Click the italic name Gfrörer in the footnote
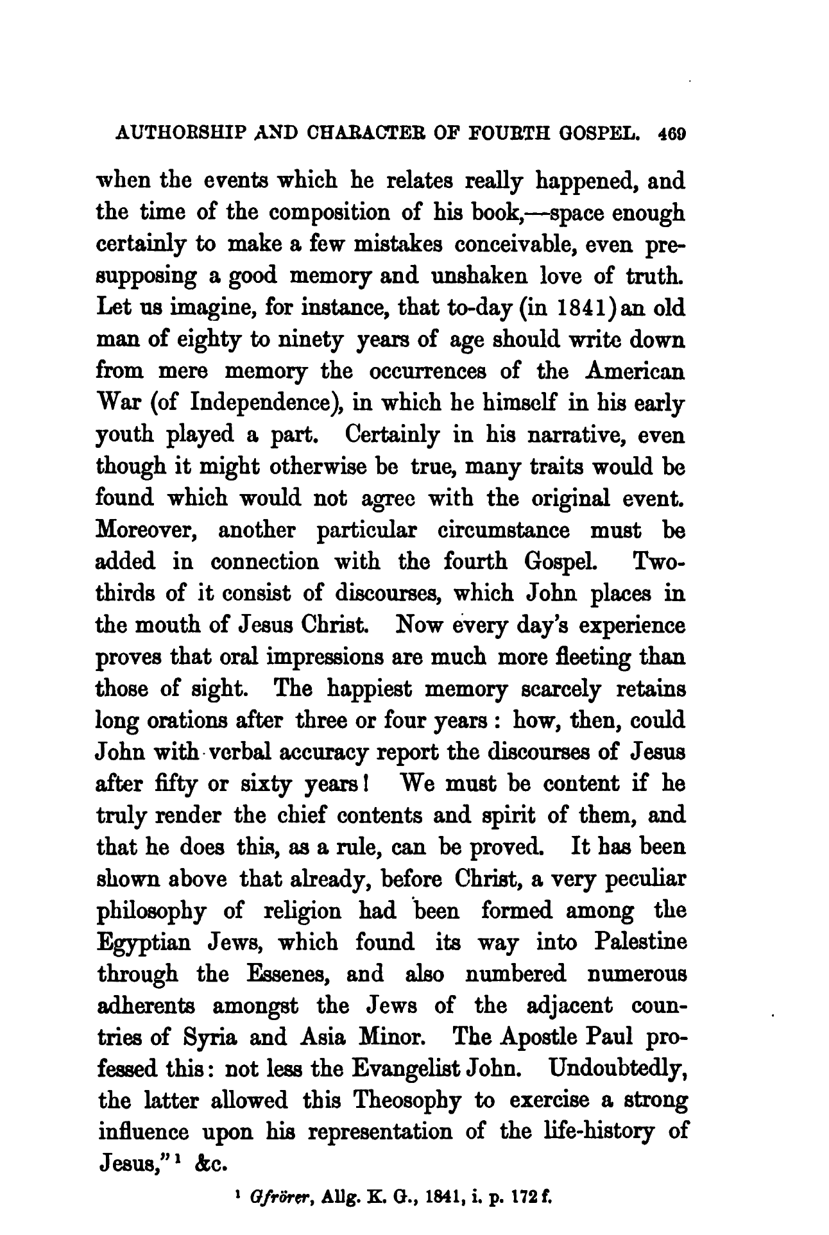tap(273, 1195)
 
